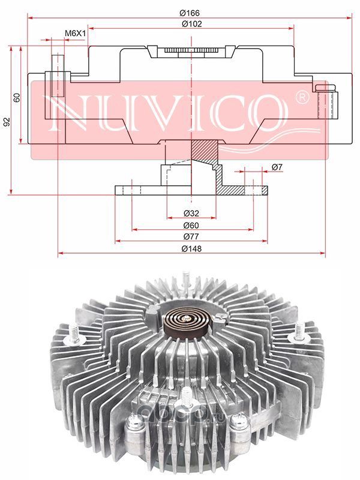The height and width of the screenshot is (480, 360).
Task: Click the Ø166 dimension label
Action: click(190, 13)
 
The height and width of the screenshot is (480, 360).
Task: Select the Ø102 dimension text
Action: click(192, 23)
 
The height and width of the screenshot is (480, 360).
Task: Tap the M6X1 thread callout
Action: click(75, 33)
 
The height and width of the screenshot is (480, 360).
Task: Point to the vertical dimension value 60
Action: click(17, 97)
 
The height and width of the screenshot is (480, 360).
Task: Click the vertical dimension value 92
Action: click(7, 122)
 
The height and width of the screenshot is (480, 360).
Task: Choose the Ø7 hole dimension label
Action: click(277, 167)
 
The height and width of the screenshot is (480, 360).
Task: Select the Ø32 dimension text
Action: click(191, 213)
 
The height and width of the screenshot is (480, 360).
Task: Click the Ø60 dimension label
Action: click(191, 226)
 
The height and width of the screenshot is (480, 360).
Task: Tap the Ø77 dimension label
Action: click(191, 236)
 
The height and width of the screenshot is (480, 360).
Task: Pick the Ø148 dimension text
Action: click(191, 248)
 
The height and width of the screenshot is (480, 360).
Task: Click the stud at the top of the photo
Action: click(185, 279)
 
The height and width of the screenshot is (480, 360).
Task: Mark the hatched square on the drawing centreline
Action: click(202, 149)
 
